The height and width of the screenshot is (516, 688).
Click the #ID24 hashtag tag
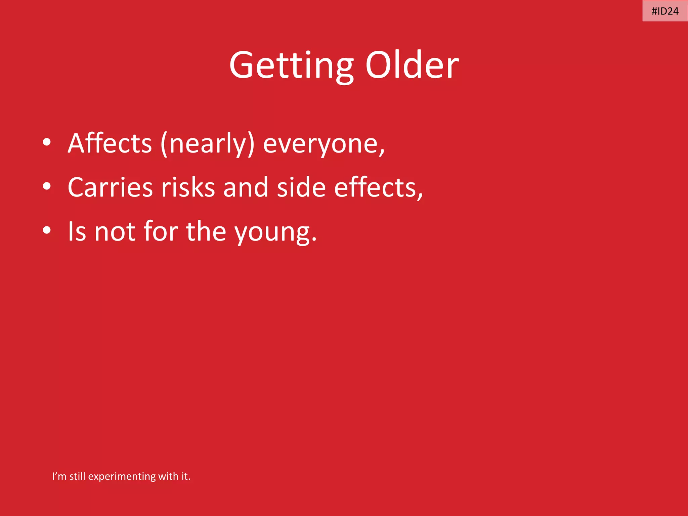click(x=665, y=11)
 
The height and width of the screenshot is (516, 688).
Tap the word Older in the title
click(x=412, y=65)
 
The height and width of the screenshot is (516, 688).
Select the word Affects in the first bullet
click(x=110, y=143)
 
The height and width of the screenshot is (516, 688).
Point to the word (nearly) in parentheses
click(x=208, y=144)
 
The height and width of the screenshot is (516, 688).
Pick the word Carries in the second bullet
click(x=110, y=187)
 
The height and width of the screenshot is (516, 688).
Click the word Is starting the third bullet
click(x=77, y=231)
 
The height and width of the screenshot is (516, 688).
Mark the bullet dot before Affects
click(x=47, y=142)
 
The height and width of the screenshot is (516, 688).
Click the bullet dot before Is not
click(x=47, y=230)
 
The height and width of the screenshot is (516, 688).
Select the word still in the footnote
click(x=77, y=476)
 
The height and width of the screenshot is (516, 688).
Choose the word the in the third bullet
click(x=206, y=231)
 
